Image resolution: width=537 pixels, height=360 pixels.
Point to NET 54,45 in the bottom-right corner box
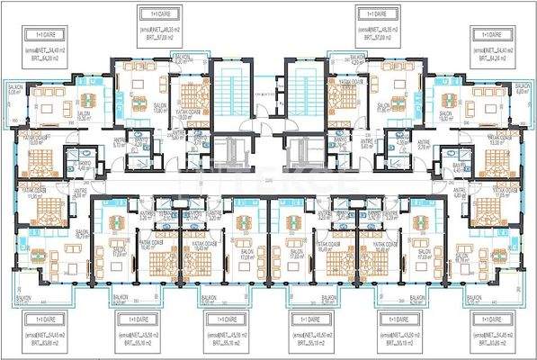[x=493, y=335]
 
